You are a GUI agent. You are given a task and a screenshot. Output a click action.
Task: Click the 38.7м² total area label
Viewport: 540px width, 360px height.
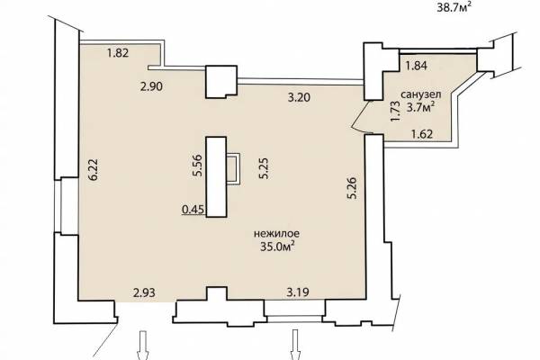pyautogui.click(x=454, y=7)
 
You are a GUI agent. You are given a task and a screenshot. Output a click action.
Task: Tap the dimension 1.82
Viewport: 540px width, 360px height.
pyautogui.click(x=118, y=53)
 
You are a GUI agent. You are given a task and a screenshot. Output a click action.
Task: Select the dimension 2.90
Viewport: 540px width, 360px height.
pyautogui.click(x=151, y=86)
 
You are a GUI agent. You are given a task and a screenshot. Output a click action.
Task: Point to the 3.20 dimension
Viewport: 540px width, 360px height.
pyautogui.click(x=299, y=97)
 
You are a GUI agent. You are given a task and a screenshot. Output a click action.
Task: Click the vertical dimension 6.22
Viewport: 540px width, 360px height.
pyautogui.click(x=93, y=169)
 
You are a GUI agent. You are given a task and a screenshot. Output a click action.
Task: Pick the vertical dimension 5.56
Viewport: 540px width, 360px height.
pyautogui.click(x=197, y=166)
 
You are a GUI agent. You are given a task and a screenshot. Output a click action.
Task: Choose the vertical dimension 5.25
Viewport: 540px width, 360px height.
pyautogui.click(x=264, y=168)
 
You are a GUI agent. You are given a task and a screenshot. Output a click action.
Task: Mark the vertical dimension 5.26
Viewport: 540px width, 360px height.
pyautogui.click(x=352, y=188)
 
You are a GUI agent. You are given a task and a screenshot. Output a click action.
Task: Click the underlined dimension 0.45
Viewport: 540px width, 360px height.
pyautogui.click(x=193, y=210)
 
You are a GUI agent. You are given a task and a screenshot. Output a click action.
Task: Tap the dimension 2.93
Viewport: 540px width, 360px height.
pyautogui.click(x=144, y=293)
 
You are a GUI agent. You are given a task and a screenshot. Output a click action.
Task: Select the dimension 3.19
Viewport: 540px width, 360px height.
pyautogui.click(x=298, y=292)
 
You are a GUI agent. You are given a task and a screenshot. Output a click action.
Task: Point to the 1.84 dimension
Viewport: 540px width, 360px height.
pyautogui.click(x=416, y=66)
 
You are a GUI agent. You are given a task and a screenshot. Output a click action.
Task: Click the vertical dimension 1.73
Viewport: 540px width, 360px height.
pyautogui.click(x=396, y=111)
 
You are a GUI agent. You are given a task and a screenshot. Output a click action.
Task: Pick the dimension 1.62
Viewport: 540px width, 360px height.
pyautogui.click(x=422, y=134)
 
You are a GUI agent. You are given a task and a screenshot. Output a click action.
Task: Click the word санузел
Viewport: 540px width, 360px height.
pyautogui.click(x=420, y=94)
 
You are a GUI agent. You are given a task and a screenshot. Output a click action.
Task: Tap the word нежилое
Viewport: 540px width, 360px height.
pyautogui.click(x=276, y=234)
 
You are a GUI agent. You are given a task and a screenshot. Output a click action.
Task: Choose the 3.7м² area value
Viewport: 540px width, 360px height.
pyautogui.click(x=419, y=108)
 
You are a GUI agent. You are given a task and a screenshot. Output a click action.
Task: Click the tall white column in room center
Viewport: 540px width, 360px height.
pyautogui.click(x=216, y=176)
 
